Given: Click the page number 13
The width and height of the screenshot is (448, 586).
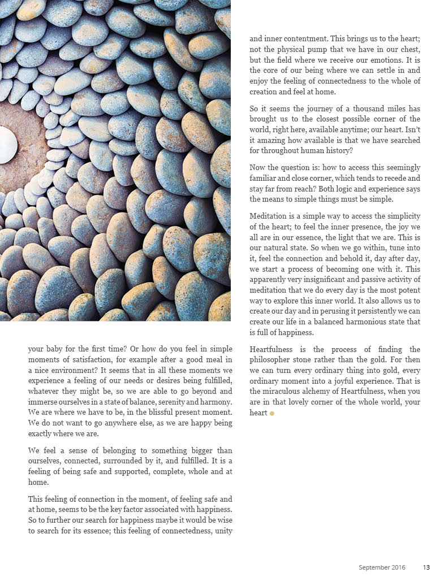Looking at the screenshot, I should coord(427,567).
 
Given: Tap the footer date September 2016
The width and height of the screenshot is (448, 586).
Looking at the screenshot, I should coord(382,567).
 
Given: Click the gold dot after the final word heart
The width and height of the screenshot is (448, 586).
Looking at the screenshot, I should coord(272,414).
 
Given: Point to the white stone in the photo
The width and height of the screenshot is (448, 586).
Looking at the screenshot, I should coord(7,145).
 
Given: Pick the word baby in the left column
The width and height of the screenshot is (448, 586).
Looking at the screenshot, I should coord(55,349).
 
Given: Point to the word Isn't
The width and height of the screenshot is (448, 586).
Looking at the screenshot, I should coord(411,140).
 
